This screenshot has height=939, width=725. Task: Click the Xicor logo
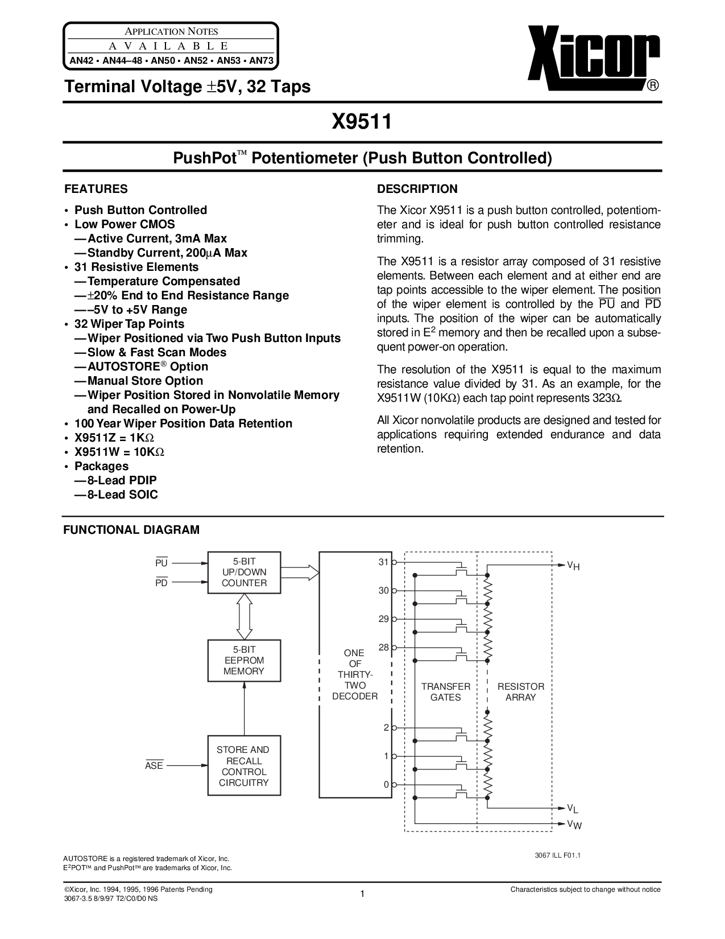[x=594, y=58]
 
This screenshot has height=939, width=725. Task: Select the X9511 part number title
[x=362, y=121]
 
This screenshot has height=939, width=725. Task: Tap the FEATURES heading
[x=96, y=189]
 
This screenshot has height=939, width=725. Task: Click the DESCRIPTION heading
[x=417, y=189]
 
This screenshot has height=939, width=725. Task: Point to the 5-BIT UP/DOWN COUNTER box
[x=244, y=572]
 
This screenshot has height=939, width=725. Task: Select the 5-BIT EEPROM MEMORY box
[x=244, y=660]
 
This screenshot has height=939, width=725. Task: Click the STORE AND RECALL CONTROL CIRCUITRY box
[x=244, y=766]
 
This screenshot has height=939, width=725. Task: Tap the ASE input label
[x=154, y=766]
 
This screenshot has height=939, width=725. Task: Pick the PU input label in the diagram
[x=161, y=563]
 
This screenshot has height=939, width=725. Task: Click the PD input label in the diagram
[x=161, y=583]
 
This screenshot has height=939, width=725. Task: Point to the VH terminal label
[x=573, y=566]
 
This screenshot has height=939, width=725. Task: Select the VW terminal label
[x=574, y=825]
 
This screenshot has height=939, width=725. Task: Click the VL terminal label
[x=573, y=809]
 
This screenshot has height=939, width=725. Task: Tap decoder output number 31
[x=383, y=562]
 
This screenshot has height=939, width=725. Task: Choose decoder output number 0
[x=386, y=784]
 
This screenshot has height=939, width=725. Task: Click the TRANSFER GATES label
[x=445, y=691]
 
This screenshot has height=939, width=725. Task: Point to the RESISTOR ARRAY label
[x=520, y=691]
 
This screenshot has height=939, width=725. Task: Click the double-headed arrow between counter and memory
[x=244, y=616]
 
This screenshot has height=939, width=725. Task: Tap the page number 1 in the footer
[x=362, y=895]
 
